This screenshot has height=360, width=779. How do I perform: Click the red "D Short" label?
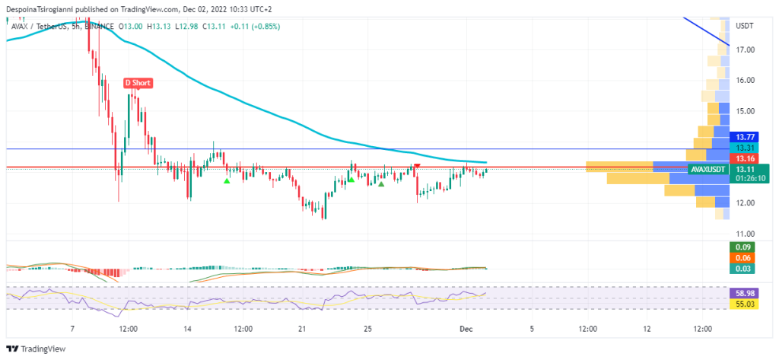(x=137, y=82)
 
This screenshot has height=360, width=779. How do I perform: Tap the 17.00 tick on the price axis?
(x=745, y=50)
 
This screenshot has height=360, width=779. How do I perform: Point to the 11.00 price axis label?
(x=745, y=234)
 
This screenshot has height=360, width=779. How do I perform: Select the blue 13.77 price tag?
(x=745, y=136)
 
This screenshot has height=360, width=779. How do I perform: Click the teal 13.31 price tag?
(x=745, y=148)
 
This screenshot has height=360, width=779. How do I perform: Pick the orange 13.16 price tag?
(x=745, y=158)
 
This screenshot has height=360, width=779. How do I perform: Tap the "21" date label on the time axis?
(x=302, y=329)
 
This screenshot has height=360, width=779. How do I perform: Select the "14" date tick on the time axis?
(x=187, y=329)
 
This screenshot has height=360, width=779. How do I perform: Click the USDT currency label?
(x=745, y=26)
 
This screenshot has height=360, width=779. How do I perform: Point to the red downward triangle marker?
(x=417, y=166)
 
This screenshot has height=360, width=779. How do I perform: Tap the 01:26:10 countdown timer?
(x=751, y=179)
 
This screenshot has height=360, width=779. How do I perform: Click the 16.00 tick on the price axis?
(x=745, y=81)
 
